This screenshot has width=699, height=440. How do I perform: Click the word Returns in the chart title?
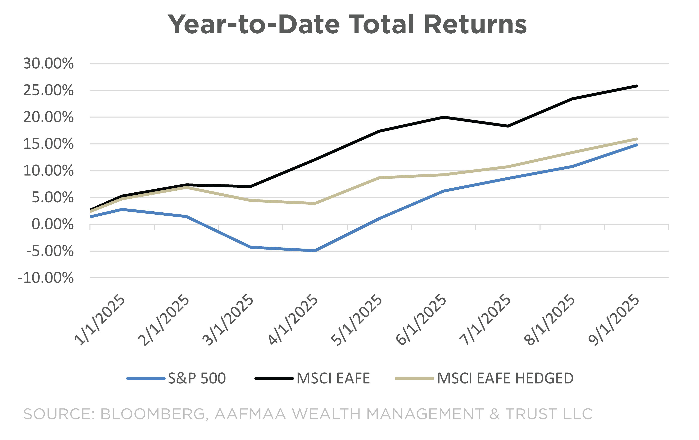click(x=475, y=25)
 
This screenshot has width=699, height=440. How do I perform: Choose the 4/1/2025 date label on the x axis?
click(x=293, y=320)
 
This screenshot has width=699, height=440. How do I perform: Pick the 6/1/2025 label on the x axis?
click(x=421, y=320)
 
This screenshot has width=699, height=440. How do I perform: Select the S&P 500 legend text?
click(x=197, y=378)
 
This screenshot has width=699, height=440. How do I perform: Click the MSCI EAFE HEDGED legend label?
click(x=505, y=378)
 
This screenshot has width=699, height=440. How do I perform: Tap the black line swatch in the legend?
click(x=274, y=378)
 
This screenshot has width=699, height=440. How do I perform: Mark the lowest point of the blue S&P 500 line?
click(x=315, y=251)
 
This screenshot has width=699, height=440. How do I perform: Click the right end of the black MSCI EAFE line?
click(x=637, y=86)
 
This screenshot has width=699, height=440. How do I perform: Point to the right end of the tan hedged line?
click(x=637, y=139)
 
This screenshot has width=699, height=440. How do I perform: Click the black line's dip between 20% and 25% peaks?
click(x=508, y=126)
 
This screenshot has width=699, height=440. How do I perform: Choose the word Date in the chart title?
click(x=309, y=25)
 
